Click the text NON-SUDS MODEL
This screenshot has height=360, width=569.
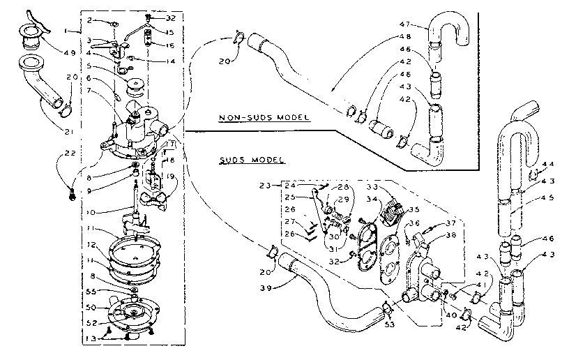263,118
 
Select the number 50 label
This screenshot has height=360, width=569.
90,307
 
